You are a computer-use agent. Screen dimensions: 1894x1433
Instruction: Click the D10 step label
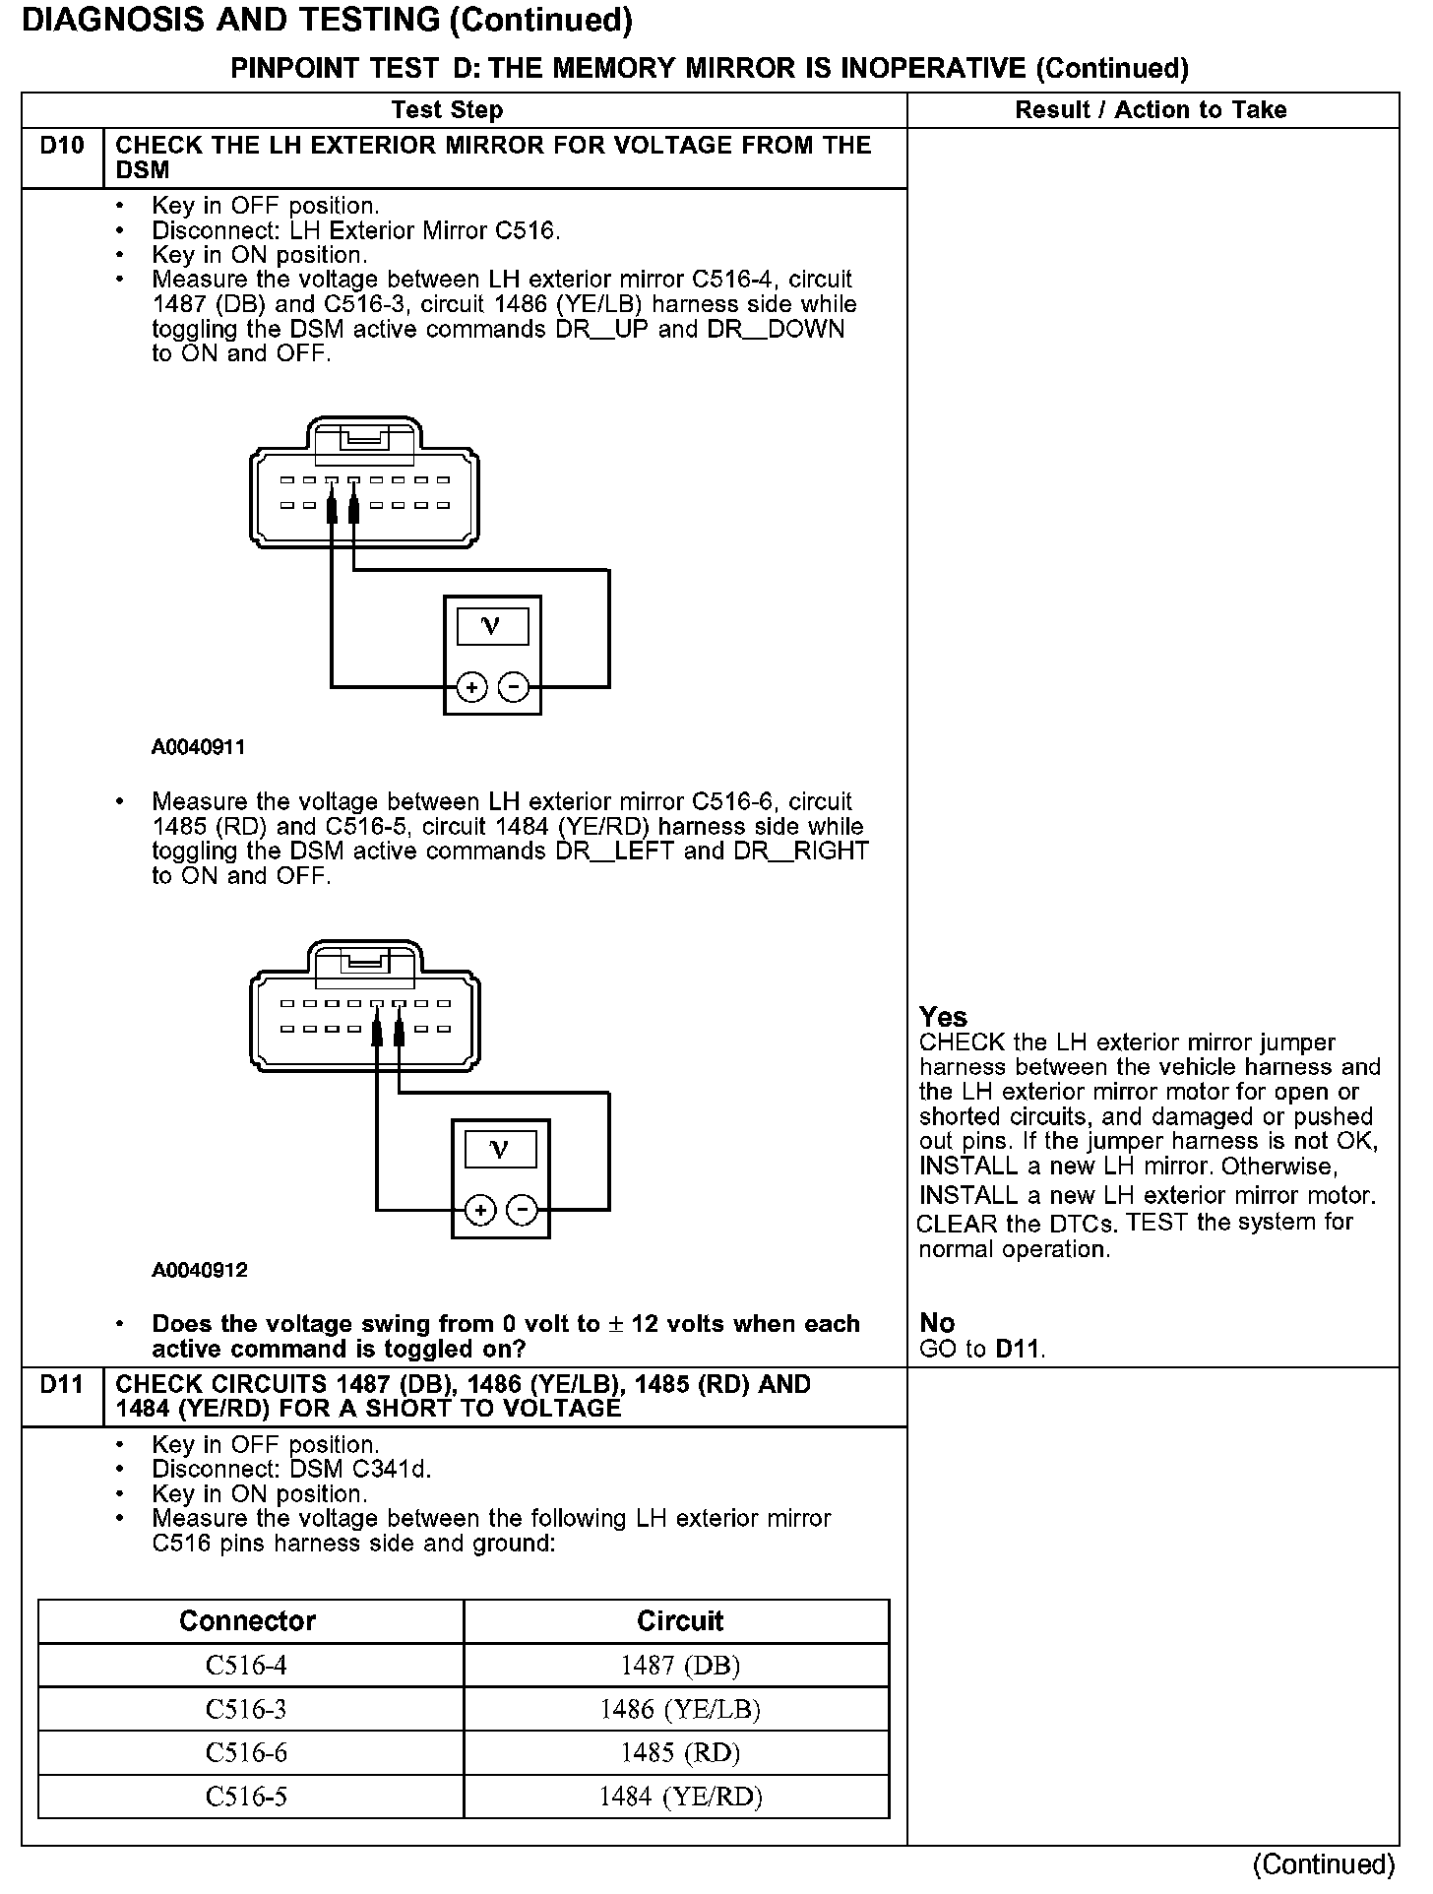point(62,146)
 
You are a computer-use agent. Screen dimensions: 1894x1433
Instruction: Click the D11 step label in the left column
point(62,1384)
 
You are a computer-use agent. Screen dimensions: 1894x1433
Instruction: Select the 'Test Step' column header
point(447,110)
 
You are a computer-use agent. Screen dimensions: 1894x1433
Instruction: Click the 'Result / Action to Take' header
point(1151,110)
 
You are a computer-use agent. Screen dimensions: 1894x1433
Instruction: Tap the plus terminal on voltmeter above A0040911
point(472,687)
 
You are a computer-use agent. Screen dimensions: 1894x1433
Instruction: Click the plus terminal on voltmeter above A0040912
point(480,1210)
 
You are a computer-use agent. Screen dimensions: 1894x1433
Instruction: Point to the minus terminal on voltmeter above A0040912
point(522,1210)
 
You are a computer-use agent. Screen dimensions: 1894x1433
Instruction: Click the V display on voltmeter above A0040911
point(492,626)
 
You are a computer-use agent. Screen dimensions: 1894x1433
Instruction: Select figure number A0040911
point(198,747)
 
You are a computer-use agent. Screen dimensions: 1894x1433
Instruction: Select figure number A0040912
point(199,1270)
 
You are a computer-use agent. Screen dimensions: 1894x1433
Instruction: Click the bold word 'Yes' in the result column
point(943,1017)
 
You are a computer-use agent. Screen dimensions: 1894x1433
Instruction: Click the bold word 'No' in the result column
point(937,1323)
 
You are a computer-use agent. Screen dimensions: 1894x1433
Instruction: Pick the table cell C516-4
point(246,1666)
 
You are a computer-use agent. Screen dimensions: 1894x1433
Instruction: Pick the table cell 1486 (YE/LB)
point(680,1710)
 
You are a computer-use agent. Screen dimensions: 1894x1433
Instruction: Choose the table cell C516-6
point(246,1753)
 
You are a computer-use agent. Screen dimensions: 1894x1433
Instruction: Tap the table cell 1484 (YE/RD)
point(680,1797)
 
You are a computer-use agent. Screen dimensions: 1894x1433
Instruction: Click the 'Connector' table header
point(247,1621)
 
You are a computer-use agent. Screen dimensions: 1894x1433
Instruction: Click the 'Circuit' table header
point(680,1621)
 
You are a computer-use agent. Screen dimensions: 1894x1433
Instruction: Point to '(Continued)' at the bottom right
point(1324,1864)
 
